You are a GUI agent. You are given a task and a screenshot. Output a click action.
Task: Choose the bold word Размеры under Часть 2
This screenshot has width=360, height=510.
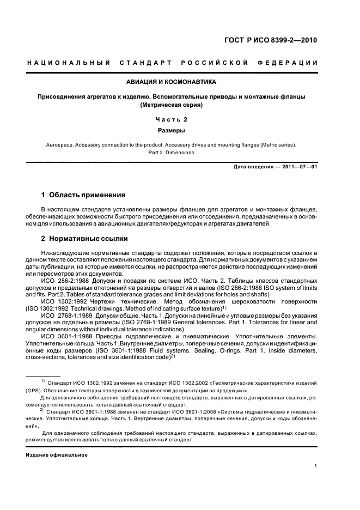(171, 131)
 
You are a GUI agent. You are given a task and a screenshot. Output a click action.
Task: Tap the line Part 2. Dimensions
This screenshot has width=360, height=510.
(171, 153)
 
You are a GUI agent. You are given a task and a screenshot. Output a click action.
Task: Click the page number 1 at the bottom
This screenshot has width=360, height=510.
(316, 466)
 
